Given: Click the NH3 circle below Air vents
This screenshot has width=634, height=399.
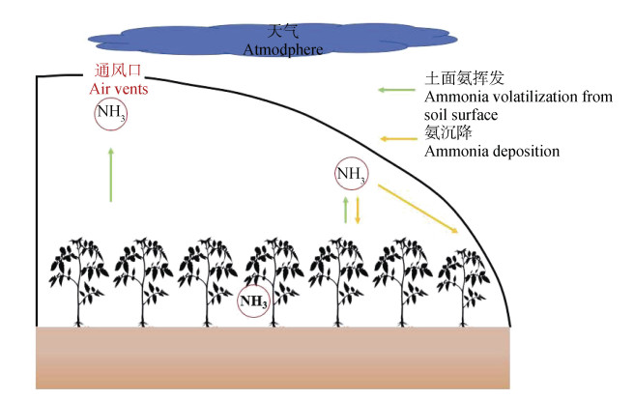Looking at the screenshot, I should coord(110,115).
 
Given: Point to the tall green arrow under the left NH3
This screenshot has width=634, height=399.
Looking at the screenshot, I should coord(111,174).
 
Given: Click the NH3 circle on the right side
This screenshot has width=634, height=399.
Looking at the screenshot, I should coord(351,175).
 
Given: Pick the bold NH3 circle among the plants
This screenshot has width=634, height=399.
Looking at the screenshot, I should coord(254,301).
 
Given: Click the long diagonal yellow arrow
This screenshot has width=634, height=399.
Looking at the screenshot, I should coord(417,210).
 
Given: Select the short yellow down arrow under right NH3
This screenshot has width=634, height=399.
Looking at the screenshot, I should coord(358,210).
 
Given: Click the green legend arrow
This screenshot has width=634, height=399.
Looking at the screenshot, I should coord(395,91).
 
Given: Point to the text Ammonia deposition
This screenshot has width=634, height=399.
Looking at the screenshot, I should coord(492,151).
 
